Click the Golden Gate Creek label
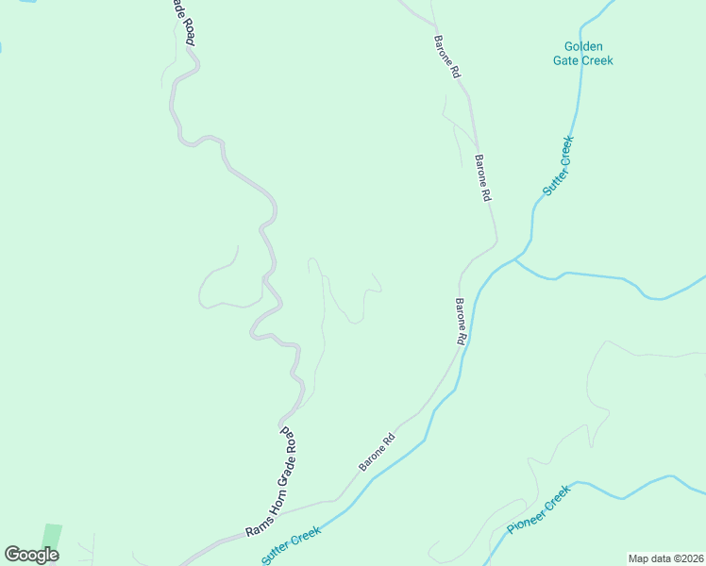click(582, 54)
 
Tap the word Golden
click(583, 46)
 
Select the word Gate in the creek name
click(567, 61)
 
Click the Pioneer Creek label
click(539, 510)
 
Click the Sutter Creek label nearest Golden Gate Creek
click(558, 166)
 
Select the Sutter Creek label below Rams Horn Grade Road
click(292, 544)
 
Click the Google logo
click(31, 555)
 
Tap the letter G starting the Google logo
click(12, 555)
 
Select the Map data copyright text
click(664, 558)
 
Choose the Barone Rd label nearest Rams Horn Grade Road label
click(376, 453)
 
